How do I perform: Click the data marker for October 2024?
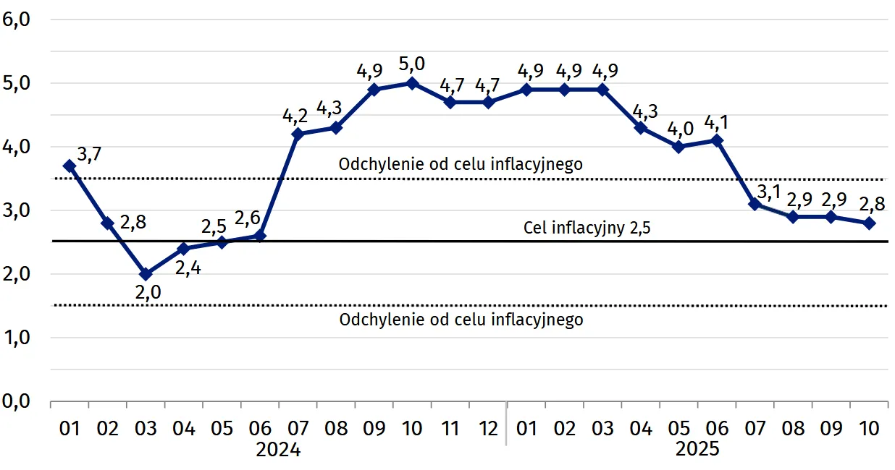tap(412, 83)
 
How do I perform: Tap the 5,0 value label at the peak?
tap(412, 64)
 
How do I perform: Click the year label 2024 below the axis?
tap(278, 450)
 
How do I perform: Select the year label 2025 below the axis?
tap(697, 450)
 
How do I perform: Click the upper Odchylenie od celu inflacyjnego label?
tap(461, 165)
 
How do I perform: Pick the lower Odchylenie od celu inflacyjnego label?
tap(461, 319)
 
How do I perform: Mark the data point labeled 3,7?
tap(70, 166)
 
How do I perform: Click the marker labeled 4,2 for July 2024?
tap(298, 134)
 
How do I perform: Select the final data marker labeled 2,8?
tap(870, 223)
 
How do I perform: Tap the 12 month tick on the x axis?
tap(488, 428)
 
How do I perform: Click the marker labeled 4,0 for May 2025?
tap(678, 147)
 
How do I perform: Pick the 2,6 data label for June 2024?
tap(250, 217)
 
